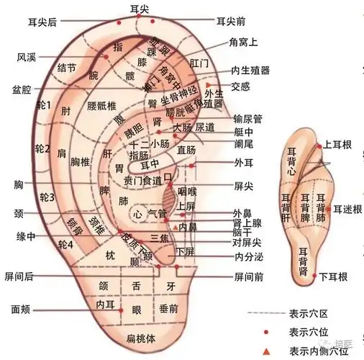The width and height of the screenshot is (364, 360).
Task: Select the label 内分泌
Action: pos(249,256)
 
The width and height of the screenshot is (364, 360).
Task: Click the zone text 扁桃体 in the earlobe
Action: pos(141,338)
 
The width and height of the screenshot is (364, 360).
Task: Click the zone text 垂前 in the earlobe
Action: pos(170,308)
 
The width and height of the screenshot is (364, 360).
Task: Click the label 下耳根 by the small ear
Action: pos(334,276)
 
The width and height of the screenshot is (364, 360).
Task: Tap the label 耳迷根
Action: pos(347,209)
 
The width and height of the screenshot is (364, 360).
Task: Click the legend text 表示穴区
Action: pos(309,314)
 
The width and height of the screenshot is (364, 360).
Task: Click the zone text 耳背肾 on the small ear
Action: pos(304,263)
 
